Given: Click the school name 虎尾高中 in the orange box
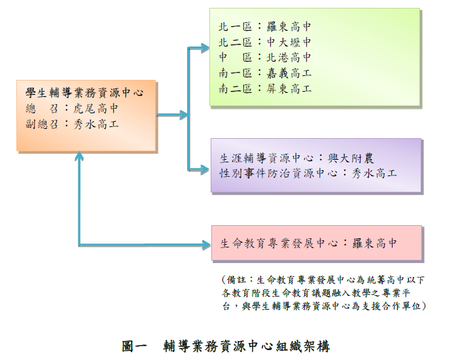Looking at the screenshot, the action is pyautogui.click(x=96, y=109).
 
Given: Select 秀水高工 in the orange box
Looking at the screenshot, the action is pyautogui.click(x=96, y=124).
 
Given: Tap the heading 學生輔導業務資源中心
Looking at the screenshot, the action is pyautogui.click(x=84, y=92).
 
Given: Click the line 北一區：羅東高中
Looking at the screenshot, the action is pyautogui.click(x=265, y=27).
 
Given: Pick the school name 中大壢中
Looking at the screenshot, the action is pyautogui.click(x=288, y=42).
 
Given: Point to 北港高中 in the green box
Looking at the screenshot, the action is pyautogui.click(x=288, y=58).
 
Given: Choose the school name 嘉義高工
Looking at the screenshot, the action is pyautogui.click(x=288, y=73).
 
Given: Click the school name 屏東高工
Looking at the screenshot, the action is pyautogui.click(x=288, y=88).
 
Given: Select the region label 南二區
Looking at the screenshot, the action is pyautogui.click(x=235, y=88).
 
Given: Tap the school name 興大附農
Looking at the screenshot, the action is pyautogui.click(x=351, y=158).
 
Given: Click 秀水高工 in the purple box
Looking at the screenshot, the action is pyautogui.click(x=374, y=173).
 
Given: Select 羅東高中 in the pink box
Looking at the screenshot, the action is pyautogui.click(x=375, y=243).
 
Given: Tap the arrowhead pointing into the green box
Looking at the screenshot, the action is pyautogui.click(x=206, y=48).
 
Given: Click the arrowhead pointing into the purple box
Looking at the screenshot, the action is pyautogui.click(x=206, y=170).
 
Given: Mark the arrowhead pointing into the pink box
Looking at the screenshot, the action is pyautogui.click(x=207, y=245).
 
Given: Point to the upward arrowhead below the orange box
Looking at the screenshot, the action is pyautogui.click(x=79, y=155).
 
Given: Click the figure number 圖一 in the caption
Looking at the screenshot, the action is pyautogui.click(x=134, y=346).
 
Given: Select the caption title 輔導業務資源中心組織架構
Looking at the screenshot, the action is pyautogui.click(x=247, y=346).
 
